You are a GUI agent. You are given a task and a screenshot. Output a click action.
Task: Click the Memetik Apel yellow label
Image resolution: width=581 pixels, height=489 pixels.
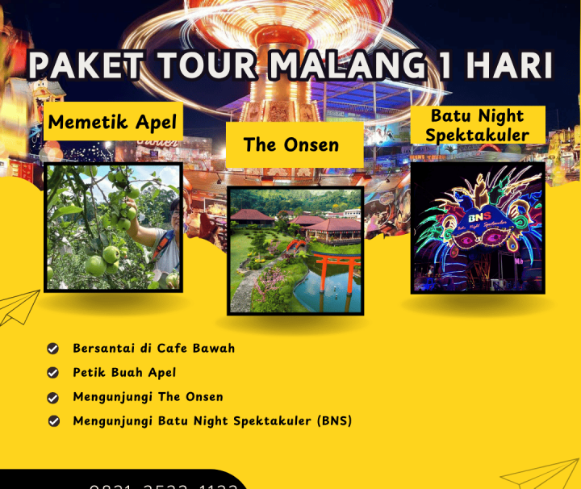click(x=113, y=123)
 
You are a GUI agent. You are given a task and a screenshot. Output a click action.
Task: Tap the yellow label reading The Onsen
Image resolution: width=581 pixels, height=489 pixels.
click(x=291, y=144)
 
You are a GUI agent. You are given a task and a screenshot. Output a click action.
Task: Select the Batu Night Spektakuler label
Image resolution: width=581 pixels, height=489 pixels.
click(x=477, y=125)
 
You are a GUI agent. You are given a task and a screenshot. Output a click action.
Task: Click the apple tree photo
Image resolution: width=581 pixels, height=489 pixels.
click(x=113, y=227)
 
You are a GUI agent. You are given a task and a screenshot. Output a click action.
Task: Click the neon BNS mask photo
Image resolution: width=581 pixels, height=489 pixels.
click(x=477, y=228)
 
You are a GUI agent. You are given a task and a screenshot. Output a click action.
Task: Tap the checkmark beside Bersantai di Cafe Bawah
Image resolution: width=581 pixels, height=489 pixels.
click(x=53, y=349)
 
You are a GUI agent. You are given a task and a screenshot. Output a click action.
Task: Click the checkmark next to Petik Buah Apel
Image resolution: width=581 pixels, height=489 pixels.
click(x=53, y=373)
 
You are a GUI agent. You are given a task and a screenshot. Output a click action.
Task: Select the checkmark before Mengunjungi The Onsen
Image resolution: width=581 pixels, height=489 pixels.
click(x=53, y=397)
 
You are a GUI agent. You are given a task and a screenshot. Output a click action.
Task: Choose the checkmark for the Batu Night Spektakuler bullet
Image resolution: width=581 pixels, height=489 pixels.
click(x=53, y=421)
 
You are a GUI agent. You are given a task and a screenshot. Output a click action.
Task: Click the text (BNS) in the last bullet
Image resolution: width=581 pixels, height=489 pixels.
click(x=334, y=421)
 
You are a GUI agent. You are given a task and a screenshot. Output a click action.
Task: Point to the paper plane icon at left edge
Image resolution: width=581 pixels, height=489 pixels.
click(x=18, y=308)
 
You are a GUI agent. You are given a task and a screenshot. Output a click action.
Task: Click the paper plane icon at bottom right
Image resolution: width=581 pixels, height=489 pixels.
click(x=542, y=474)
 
